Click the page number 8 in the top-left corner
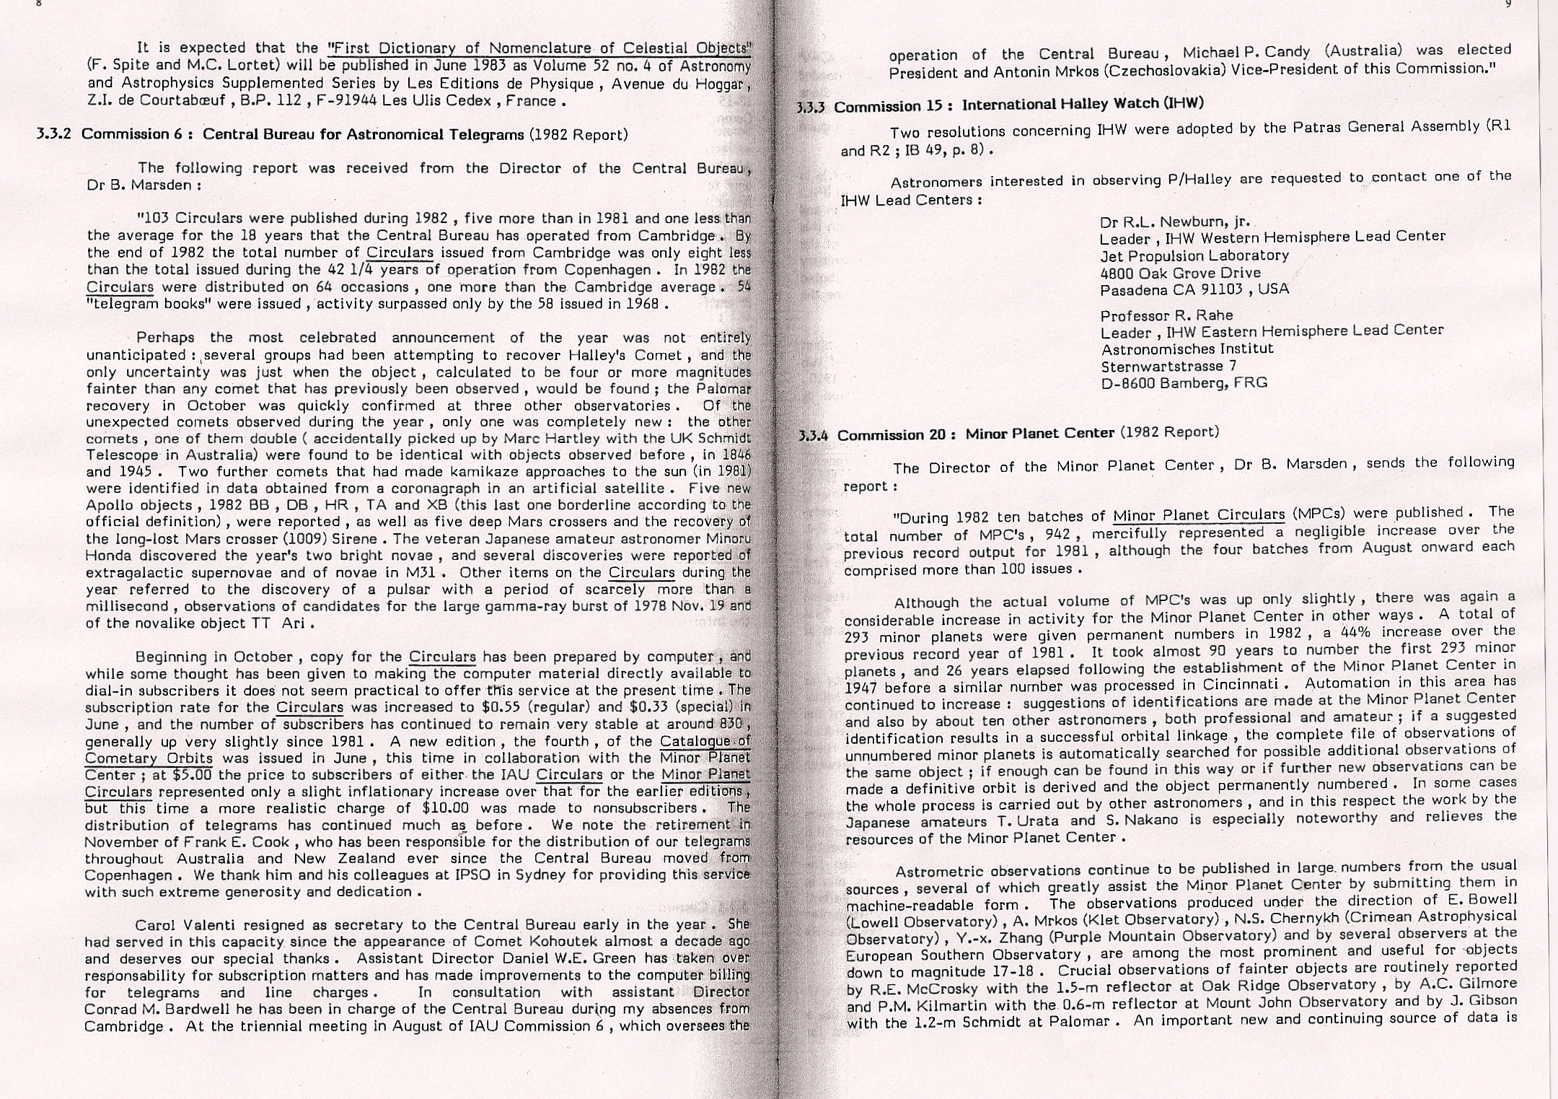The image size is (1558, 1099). pos(38,4)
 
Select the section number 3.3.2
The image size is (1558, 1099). pos(56,134)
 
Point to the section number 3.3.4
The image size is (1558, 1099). pos(816,436)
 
